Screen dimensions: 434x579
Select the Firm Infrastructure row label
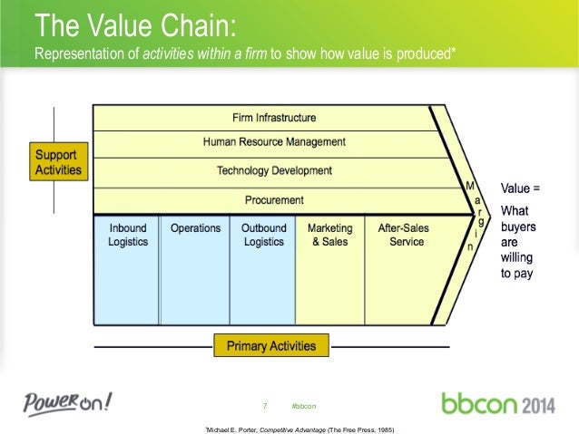(x=274, y=118)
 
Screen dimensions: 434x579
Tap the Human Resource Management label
(x=274, y=142)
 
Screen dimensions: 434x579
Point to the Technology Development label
(x=274, y=171)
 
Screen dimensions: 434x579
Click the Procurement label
(x=274, y=199)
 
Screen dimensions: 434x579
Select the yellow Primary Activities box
(x=271, y=345)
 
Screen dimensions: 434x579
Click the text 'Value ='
(x=520, y=190)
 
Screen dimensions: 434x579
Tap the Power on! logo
(x=69, y=401)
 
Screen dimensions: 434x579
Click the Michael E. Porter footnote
(x=301, y=427)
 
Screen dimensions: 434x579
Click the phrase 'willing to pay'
(x=517, y=265)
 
